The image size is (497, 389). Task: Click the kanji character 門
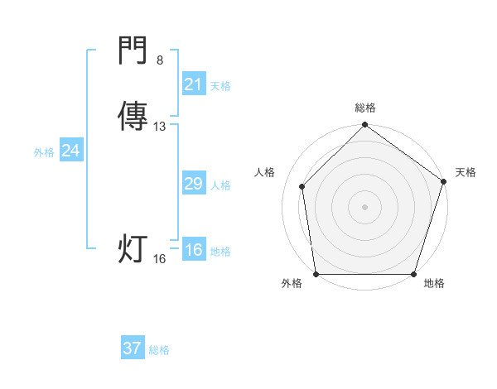[x=133, y=53]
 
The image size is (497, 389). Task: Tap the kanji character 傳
[x=133, y=117]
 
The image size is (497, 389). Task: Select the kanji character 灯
[x=133, y=249]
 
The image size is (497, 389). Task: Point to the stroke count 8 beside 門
[x=160, y=60]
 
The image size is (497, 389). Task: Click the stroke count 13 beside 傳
[x=160, y=127]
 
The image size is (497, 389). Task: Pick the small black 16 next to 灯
[x=160, y=259]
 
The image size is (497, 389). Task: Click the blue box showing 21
[x=193, y=84]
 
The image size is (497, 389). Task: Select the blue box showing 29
[x=193, y=184]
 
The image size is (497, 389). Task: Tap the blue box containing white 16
[x=193, y=250]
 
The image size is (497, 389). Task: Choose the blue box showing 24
[x=71, y=151]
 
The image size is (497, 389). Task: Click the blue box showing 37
[x=133, y=348]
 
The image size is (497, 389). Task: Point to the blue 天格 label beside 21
[x=220, y=86]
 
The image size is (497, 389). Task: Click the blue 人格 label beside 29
[x=220, y=185]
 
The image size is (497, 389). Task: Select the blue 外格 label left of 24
[x=44, y=152]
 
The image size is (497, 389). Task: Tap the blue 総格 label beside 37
[x=159, y=350]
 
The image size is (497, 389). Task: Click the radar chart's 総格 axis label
[x=364, y=108]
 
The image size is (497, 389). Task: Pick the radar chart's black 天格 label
[x=466, y=172]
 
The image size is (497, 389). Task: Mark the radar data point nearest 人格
[x=302, y=186]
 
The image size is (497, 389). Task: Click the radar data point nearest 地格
[x=414, y=274]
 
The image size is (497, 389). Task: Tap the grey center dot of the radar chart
[x=364, y=206]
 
